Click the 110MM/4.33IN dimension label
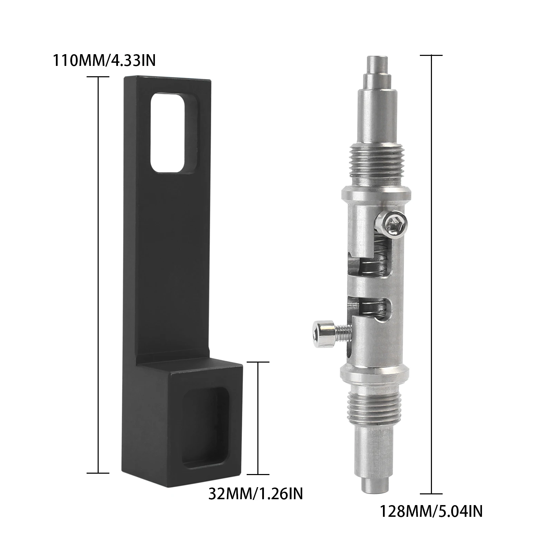coord(104,61)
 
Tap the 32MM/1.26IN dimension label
coord(256,494)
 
